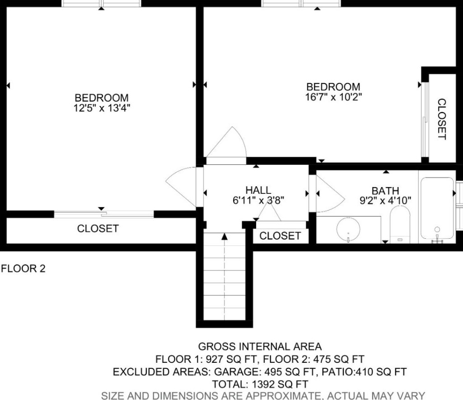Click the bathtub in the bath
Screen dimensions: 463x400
(437, 208)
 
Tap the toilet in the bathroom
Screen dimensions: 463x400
(400, 225)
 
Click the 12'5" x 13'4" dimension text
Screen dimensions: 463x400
(102, 108)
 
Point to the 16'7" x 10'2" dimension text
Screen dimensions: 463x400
(334, 97)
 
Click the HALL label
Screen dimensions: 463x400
(258, 190)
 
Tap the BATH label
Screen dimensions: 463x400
(385, 191)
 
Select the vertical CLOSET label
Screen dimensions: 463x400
(441, 119)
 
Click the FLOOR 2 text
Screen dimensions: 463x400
(24, 269)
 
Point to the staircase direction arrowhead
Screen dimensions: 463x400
(224, 236)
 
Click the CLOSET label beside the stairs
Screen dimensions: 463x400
(280, 236)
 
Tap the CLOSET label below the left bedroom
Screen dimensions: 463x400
(98, 228)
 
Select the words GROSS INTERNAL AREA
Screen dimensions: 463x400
(260, 346)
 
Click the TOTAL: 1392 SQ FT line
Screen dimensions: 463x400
(260, 384)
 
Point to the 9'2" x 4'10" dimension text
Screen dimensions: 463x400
(385, 201)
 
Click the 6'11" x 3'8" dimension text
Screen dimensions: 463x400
(258, 200)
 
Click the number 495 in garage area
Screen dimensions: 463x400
(273, 371)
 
